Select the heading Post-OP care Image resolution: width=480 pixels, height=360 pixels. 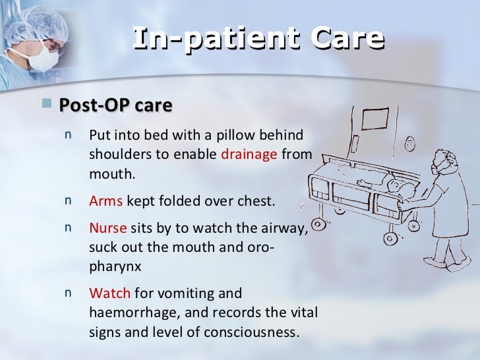coord(115,105)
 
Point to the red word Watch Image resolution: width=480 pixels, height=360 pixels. coord(109,292)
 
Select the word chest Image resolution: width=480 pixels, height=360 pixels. coord(253,201)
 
